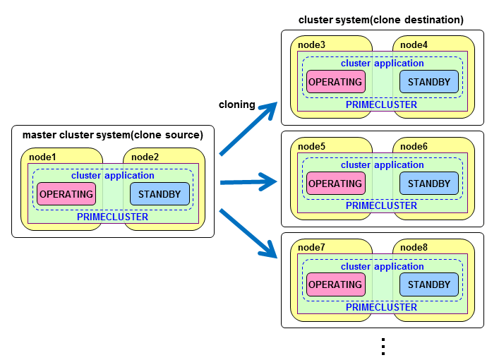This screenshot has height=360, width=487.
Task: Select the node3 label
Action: [311, 45]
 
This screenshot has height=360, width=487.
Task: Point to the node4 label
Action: [414, 45]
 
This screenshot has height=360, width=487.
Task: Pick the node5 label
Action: [311, 147]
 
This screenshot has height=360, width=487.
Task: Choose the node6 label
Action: [414, 147]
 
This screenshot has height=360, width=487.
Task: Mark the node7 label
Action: [311, 248]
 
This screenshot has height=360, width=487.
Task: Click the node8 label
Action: [414, 248]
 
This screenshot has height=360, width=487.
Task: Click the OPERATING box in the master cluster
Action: [66, 194]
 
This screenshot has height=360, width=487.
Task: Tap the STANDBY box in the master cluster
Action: [160, 194]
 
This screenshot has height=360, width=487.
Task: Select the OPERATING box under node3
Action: [335, 82]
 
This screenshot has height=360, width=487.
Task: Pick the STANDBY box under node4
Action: [429, 82]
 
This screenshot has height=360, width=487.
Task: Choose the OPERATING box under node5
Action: [335, 184]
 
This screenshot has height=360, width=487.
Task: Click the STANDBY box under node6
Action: [429, 184]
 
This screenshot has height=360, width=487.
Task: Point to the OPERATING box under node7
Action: [335, 285]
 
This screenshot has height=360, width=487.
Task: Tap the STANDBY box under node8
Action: [429, 285]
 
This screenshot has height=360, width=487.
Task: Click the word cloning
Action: [237, 104]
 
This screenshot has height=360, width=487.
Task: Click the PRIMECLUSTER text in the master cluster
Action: [113, 217]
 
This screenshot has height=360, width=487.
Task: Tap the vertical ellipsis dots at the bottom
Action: [383, 347]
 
